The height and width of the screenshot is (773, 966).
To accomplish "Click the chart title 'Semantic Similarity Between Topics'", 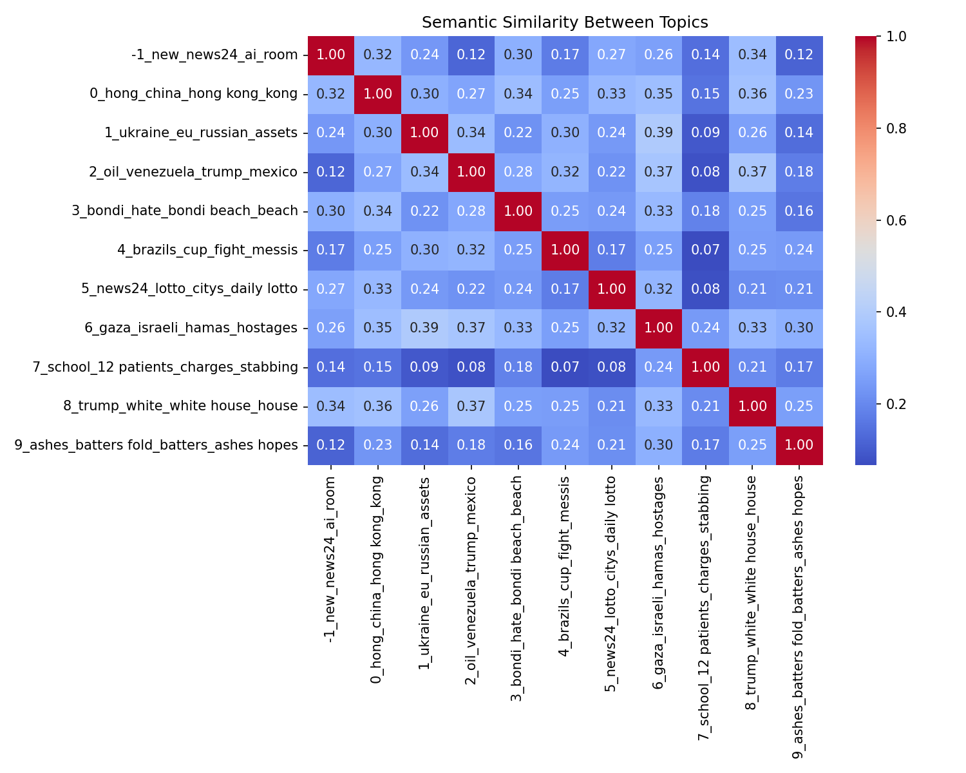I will [565, 23].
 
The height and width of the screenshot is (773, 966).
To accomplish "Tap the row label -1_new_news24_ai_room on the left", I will [214, 55].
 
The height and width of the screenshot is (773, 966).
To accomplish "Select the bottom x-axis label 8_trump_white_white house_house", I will [752, 593].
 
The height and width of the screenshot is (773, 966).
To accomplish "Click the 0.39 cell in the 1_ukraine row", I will [658, 133].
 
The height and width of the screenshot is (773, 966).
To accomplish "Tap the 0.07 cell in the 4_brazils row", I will [705, 250].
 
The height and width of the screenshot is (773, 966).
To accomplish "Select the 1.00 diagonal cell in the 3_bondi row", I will [518, 211].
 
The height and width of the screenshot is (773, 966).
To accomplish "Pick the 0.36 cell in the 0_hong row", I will [752, 94].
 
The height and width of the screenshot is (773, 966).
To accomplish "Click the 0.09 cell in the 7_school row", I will [424, 367].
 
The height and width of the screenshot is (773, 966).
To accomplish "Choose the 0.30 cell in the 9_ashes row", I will [658, 445].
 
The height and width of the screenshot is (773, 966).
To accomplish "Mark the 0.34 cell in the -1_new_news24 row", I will [752, 55].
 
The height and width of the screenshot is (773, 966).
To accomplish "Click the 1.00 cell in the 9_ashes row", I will [799, 445].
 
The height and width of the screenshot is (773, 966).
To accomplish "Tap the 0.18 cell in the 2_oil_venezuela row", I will [799, 172].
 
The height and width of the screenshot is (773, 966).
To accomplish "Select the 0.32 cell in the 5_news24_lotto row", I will [658, 289].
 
